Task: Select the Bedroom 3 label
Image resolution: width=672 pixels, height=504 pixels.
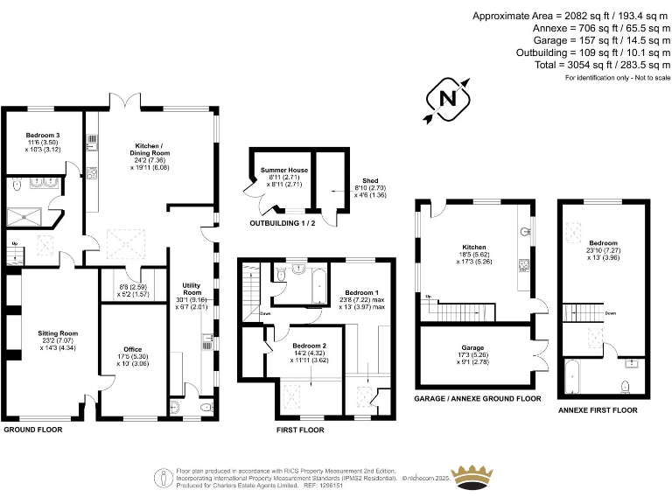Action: coord(43,136)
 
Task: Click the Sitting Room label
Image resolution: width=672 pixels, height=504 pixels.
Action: coord(58,333)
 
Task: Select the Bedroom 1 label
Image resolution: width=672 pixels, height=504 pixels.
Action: coord(361,292)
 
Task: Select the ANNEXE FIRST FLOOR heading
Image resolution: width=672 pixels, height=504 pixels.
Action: coord(597,409)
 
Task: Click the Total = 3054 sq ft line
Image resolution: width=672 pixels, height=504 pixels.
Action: coord(594,65)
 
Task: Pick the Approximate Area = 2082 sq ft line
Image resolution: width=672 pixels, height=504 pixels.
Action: coord(571,16)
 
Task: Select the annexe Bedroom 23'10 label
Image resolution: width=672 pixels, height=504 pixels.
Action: coord(603,243)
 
